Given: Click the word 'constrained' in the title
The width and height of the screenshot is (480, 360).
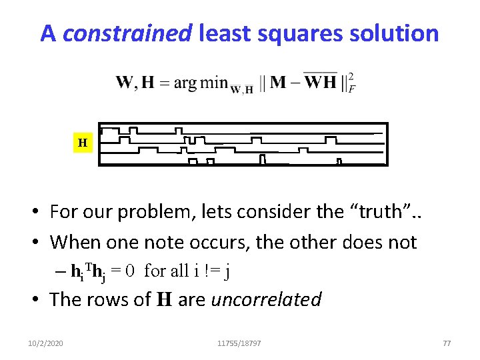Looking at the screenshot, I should pyautogui.click(x=127, y=33).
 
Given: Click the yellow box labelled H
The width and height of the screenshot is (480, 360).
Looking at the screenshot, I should pyautogui.click(x=82, y=143).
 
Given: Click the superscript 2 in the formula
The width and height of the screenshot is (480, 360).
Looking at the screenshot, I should pyautogui.click(x=351, y=75).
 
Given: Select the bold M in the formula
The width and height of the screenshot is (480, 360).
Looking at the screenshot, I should pyautogui.click(x=279, y=83).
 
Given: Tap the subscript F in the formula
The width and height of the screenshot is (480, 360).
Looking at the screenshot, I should pyautogui.click(x=351, y=89).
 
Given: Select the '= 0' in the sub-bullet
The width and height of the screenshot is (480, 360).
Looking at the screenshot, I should pyautogui.click(x=125, y=271).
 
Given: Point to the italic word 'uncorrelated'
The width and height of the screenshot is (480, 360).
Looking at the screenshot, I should pyautogui.click(x=266, y=299).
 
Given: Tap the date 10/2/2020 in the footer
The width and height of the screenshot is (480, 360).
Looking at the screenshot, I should pyautogui.click(x=46, y=343).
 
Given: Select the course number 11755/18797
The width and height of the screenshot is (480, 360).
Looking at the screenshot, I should pyautogui.click(x=239, y=343).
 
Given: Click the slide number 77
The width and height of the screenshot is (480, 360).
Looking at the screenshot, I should pyautogui.click(x=447, y=343).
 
